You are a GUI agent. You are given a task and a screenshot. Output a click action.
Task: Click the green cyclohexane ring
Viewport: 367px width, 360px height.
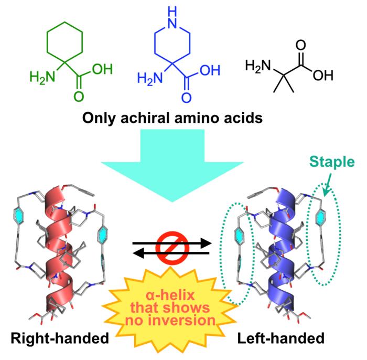pos(64,38)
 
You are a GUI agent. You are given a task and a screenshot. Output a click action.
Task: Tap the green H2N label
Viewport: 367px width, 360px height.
pos(41,79)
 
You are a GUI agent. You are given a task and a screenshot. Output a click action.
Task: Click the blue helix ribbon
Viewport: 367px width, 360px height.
pos(283,247)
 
